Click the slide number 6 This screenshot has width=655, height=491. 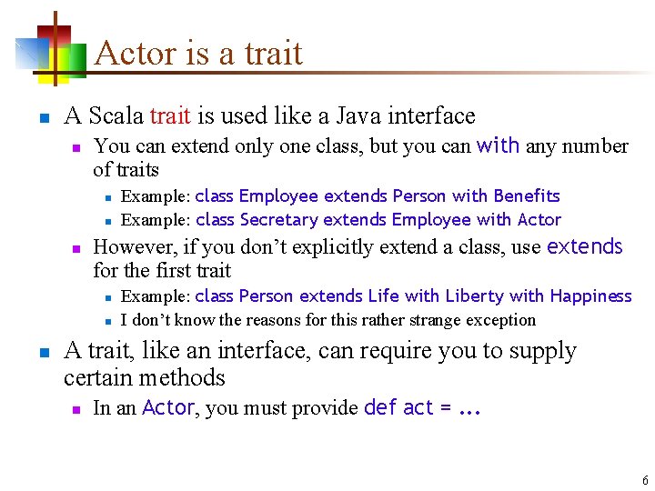[x=645, y=480]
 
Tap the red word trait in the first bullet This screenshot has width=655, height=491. [x=170, y=116]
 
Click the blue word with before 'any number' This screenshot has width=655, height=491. [x=498, y=145]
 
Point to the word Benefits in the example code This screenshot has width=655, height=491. [x=527, y=196]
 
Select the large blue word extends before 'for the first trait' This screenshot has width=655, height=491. [x=584, y=246]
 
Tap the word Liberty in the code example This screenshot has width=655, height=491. [x=436, y=296]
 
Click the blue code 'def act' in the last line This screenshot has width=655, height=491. [x=398, y=408]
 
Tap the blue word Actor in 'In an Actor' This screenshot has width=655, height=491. [x=168, y=408]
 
